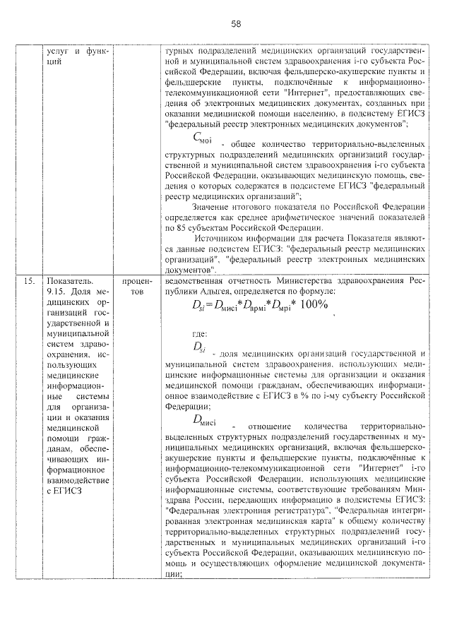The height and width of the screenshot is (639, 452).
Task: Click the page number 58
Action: pyautogui.click(x=236, y=24)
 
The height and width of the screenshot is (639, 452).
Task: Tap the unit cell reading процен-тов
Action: pyautogui.click(x=132, y=286)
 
